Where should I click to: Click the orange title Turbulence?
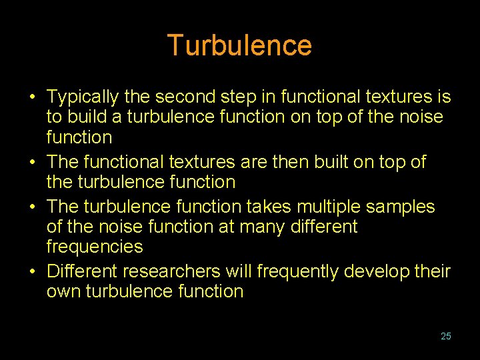pyautogui.click(x=239, y=45)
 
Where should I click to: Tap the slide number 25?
pyautogui.click(x=446, y=336)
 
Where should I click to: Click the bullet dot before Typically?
pyautogui.click(x=32, y=98)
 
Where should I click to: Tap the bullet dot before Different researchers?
pyautogui.click(x=32, y=272)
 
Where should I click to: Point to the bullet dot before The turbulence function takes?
pyautogui.click(x=32, y=207)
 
